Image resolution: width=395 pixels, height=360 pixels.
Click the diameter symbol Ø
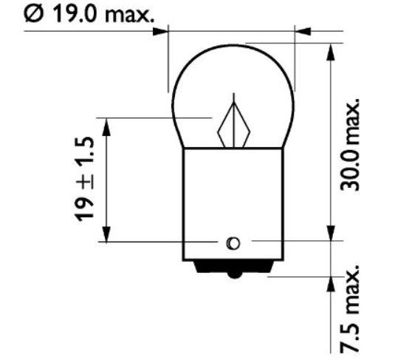[34, 16]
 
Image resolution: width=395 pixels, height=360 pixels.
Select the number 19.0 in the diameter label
[72, 16]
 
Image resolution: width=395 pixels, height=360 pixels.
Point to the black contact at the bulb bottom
[233, 271]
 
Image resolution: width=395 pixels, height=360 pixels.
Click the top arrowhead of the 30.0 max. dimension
[328, 50]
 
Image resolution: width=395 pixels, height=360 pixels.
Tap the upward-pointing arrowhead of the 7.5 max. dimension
[328, 284]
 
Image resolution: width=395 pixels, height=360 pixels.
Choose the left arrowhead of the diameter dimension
[162, 32]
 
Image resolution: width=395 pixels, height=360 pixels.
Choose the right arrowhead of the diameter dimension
[303, 32]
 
